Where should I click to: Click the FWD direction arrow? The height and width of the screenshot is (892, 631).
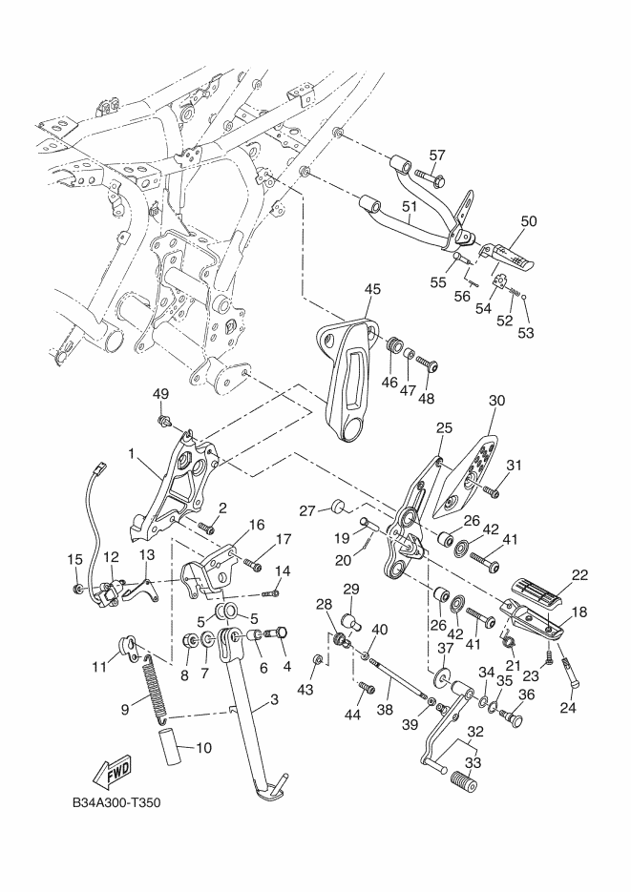pos(113,769)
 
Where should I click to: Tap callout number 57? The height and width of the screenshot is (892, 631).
pos(437,156)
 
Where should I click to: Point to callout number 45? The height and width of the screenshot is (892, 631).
pos(373,289)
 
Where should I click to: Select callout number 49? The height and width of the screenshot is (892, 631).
pos(161,395)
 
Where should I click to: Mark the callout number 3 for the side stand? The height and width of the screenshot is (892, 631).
pos(274,700)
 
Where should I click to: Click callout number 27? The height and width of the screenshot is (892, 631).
pos(308,511)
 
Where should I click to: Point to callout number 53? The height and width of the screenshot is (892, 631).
pos(526,333)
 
